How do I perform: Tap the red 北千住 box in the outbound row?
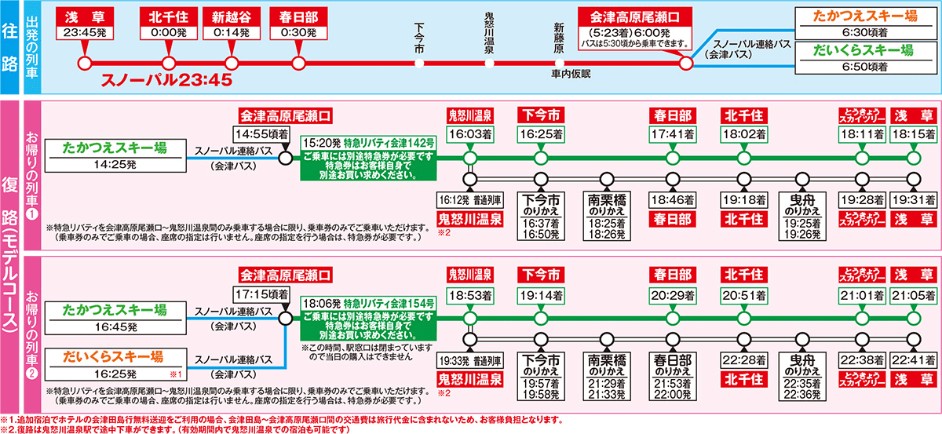(167, 17)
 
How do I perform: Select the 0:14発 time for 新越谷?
(231, 33)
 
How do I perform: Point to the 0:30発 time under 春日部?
(298, 33)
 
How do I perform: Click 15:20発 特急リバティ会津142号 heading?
(369, 144)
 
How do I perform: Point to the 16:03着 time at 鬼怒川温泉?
(469, 134)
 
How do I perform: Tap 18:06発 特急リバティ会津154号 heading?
(369, 301)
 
